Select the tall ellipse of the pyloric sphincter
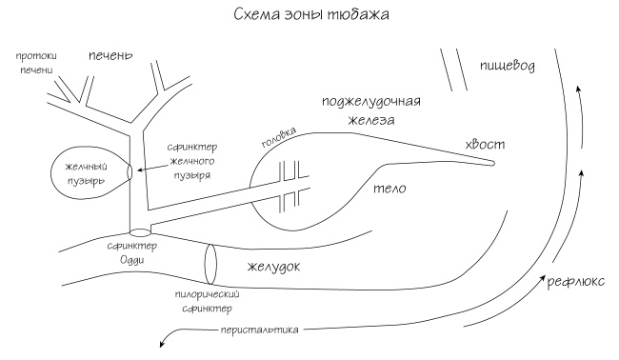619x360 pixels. coord(211,262)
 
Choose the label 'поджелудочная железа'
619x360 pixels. coord(371,110)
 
